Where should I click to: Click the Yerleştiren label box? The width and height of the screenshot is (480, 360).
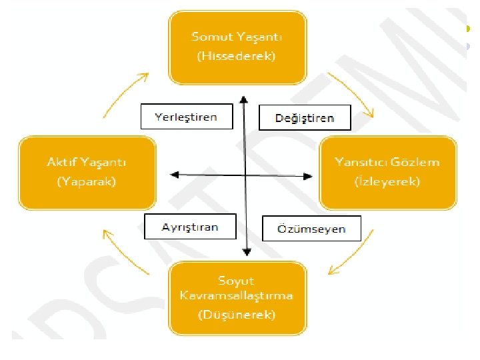coord(187,117)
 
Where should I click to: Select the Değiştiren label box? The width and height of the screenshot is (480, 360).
coord(305,119)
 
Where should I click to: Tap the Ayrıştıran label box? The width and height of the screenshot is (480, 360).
coord(190,227)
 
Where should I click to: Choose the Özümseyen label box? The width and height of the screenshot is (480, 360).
coord(311,229)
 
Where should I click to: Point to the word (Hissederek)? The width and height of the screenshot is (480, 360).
coord(236,56)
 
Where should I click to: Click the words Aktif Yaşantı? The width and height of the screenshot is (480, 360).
coord(87,162)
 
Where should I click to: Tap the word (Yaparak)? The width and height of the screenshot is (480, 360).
coord(87,181)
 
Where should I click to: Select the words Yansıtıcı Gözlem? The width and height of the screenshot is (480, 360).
coord(387,162)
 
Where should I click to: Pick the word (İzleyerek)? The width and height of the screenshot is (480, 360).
coord(387,181)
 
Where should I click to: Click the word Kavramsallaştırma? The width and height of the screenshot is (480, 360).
coord(236,295)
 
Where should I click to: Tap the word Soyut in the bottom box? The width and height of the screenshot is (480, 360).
coord(236,281)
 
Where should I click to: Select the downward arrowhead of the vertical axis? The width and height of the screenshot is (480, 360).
coord(246,251)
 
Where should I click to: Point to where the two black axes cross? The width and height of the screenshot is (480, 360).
coord(245,175)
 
